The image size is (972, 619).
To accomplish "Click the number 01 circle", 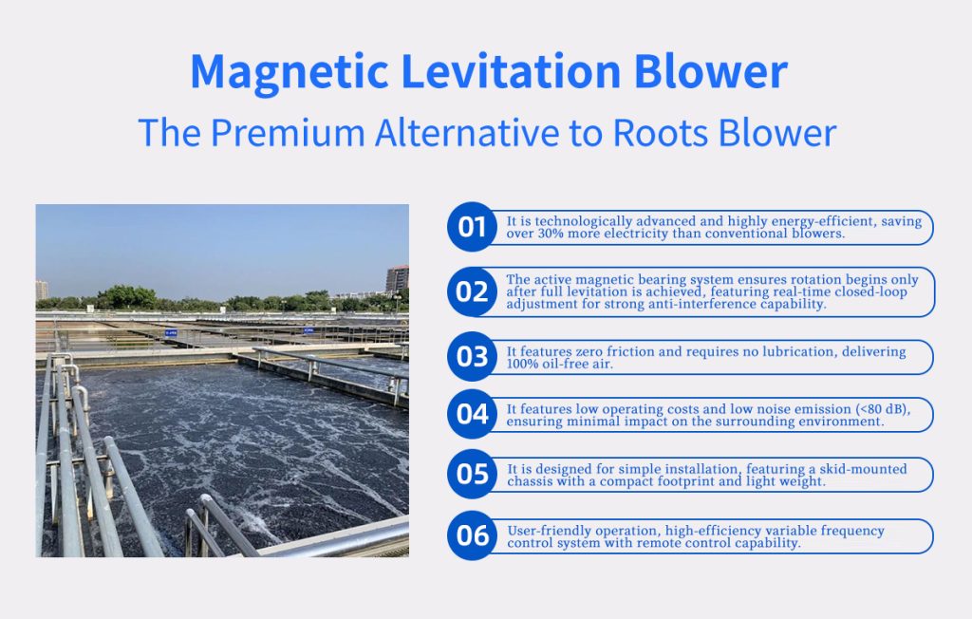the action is (x=472, y=227).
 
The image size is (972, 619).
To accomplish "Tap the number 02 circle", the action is (x=472, y=291).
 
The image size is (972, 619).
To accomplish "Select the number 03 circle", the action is (x=472, y=357).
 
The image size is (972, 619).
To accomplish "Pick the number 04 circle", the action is (x=472, y=414).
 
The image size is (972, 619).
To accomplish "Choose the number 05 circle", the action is (x=472, y=474).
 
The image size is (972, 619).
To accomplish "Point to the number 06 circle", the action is (x=472, y=535).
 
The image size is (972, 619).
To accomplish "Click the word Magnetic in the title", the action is (x=290, y=73).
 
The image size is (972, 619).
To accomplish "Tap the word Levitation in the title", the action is (x=512, y=72).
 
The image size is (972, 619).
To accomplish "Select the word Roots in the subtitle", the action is (x=661, y=132).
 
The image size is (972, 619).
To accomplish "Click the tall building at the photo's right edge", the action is (x=398, y=279).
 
